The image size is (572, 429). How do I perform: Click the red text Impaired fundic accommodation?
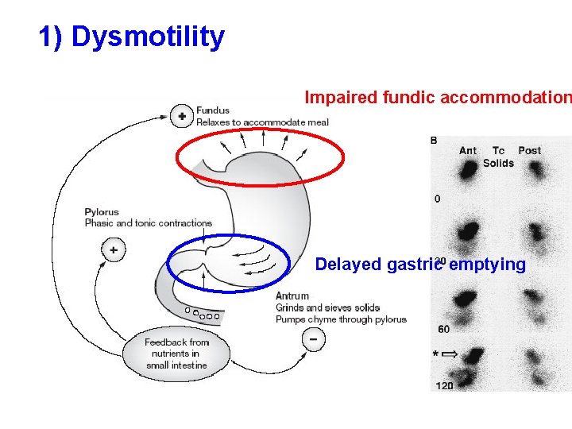pyautogui.click(x=438, y=98)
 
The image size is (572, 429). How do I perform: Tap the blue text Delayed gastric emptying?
pyautogui.click(x=420, y=265)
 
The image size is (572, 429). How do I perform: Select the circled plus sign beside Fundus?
pyautogui.click(x=182, y=116)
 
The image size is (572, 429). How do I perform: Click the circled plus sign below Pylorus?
pyautogui.click(x=114, y=250)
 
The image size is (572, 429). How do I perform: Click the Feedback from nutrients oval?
pyautogui.click(x=176, y=354)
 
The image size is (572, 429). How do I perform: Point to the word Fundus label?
pyautogui.click(x=213, y=110)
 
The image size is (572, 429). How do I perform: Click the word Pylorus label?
pyautogui.click(x=102, y=212)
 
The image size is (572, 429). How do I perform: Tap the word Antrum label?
pyautogui.click(x=292, y=296)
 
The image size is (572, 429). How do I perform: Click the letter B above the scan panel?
pyautogui.click(x=434, y=141)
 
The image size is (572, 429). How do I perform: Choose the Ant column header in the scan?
pyautogui.click(x=468, y=151)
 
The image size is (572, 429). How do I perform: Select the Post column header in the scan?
pyautogui.click(x=529, y=151)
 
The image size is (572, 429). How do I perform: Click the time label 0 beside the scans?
pyautogui.click(x=437, y=199)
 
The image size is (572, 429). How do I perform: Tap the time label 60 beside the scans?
pyautogui.click(x=443, y=328)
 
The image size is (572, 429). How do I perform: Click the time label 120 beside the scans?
pyautogui.click(x=444, y=386)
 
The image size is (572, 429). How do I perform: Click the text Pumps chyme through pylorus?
pyautogui.click(x=341, y=319)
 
